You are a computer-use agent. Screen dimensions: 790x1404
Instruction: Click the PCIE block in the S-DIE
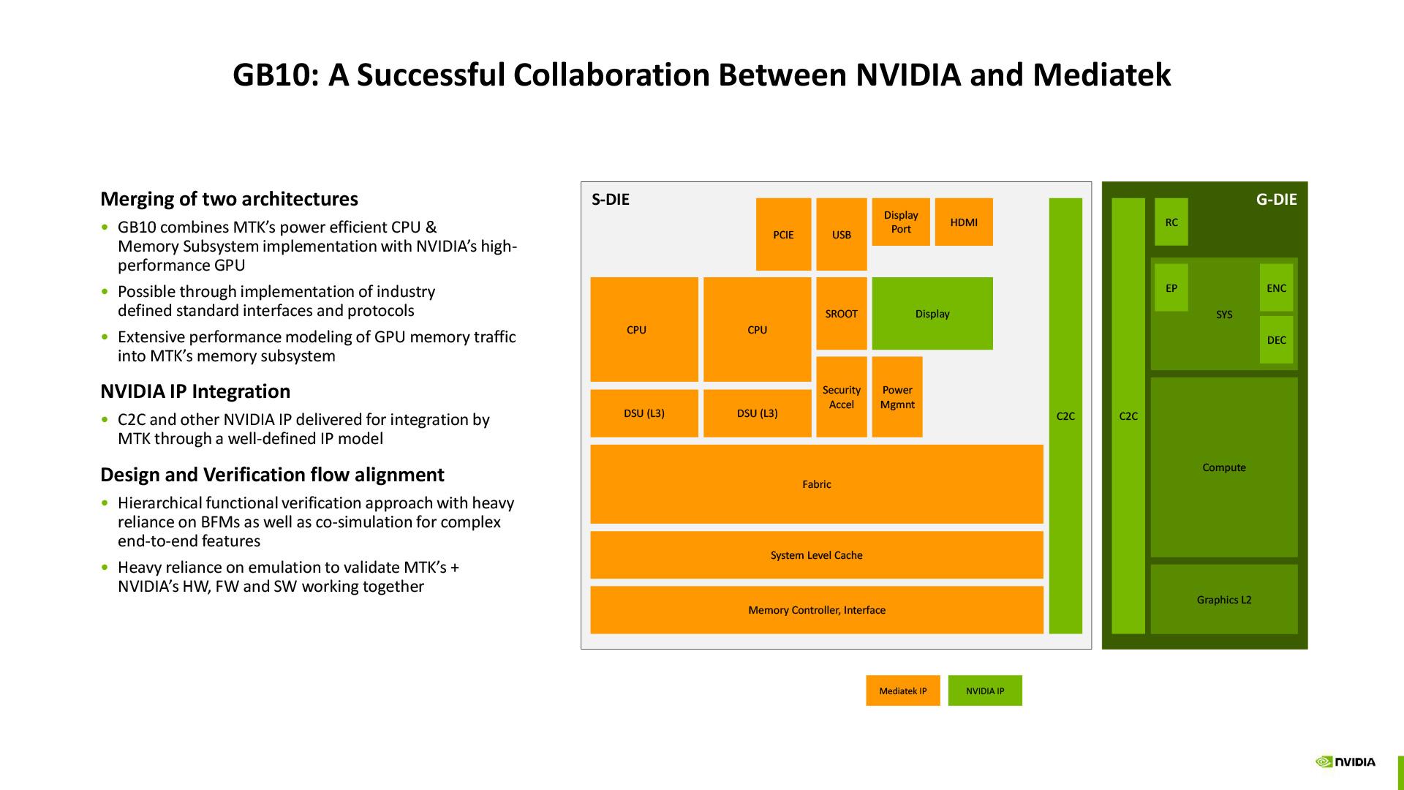pyautogui.click(x=783, y=234)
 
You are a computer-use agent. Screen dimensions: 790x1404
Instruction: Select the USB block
pyautogui.click(x=841, y=234)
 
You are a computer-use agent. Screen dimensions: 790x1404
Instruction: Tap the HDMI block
pyautogui.click(x=964, y=222)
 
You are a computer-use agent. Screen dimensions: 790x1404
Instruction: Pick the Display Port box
pyautogui.click(x=901, y=222)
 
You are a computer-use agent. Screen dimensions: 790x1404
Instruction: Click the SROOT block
pyautogui.click(x=841, y=313)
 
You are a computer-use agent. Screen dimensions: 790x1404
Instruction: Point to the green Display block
pyautogui.click(x=932, y=313)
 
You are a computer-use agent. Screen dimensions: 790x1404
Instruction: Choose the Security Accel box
pyautogui.click(x=841, y=396)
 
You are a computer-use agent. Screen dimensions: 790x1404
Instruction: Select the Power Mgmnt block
pyautogui.click(x=897, y=396)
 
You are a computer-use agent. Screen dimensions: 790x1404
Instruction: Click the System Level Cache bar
pyautogui.click(x=816, y=554)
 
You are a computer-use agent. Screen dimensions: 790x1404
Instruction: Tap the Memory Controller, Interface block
pyautogui.click(x=816, y=609)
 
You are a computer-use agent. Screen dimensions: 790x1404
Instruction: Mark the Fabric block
pyautogui.click(x=816, y=484)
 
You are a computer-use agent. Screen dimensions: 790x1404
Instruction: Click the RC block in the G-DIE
pyautogui.click(x=1171, y=222)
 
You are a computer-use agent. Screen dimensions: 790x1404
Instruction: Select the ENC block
pyautogui.click(x=1276, y=287)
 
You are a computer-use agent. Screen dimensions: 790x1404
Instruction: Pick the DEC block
pyautogui.click(x=1276, y=339)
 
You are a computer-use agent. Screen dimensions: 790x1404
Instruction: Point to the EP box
pyautogui.click(x=1171, y=287)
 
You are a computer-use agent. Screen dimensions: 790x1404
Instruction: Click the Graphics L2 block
pyautogui.click(x=1223, y=599)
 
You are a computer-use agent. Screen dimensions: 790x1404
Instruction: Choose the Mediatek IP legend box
pyautogui.click(x=902, y=691)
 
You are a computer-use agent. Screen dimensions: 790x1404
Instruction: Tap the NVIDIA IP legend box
pyautogui.click(x=984, y=691)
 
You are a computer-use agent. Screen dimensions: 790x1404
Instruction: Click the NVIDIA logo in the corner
pyautogui.click(x=1345, y=761)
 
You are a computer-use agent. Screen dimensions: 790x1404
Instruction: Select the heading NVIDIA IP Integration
pyautogui.click(x=195, y=391)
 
